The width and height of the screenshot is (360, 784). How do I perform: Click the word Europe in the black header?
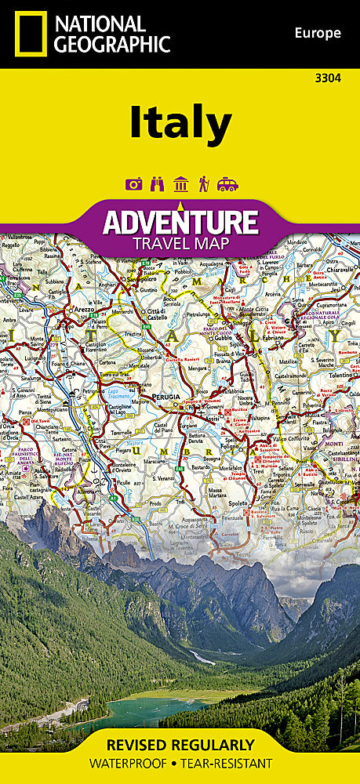pyautogui.click(x=318, y=33)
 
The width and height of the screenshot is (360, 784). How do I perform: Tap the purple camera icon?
pyautogui.click(x=132, y=184)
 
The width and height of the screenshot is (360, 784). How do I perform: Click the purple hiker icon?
pyautogui.click(x=203, y=184)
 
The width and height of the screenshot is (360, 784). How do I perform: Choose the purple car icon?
pyautogui.click(x=227, y=184)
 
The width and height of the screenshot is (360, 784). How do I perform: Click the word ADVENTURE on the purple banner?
pyautogui.click(x=180, y=222)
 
